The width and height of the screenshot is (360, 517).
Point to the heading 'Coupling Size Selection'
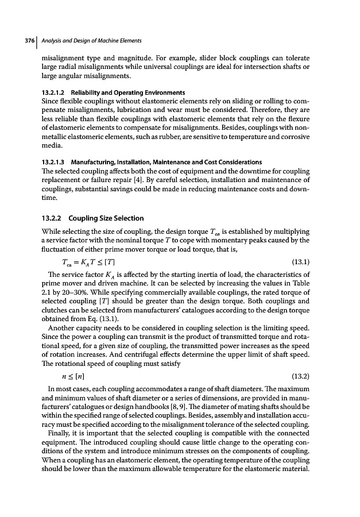point(106,218)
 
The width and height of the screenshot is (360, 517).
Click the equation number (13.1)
point(301,262)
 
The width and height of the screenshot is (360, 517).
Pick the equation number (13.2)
point(301,376)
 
